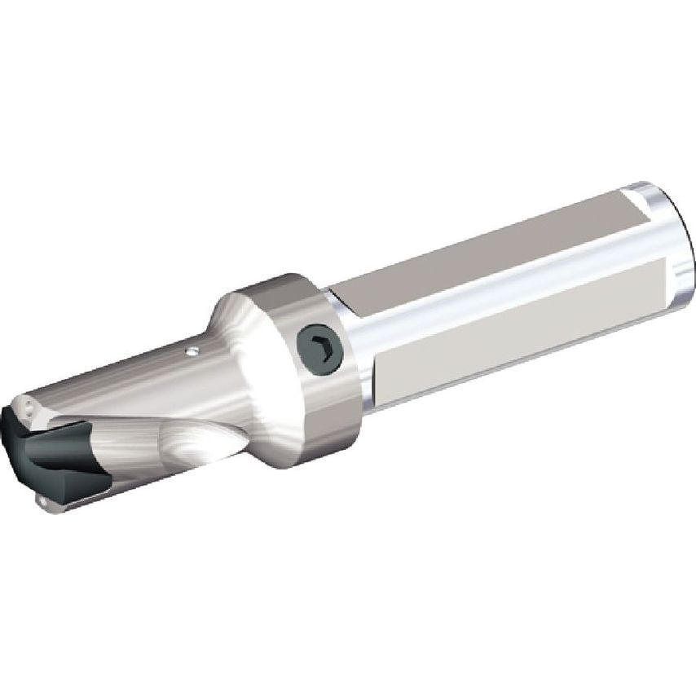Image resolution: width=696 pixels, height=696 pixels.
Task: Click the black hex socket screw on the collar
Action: pos(320,348)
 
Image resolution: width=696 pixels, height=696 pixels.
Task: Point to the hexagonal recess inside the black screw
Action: pos(320,348)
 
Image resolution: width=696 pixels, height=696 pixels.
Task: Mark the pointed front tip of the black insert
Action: pos(17,440)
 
